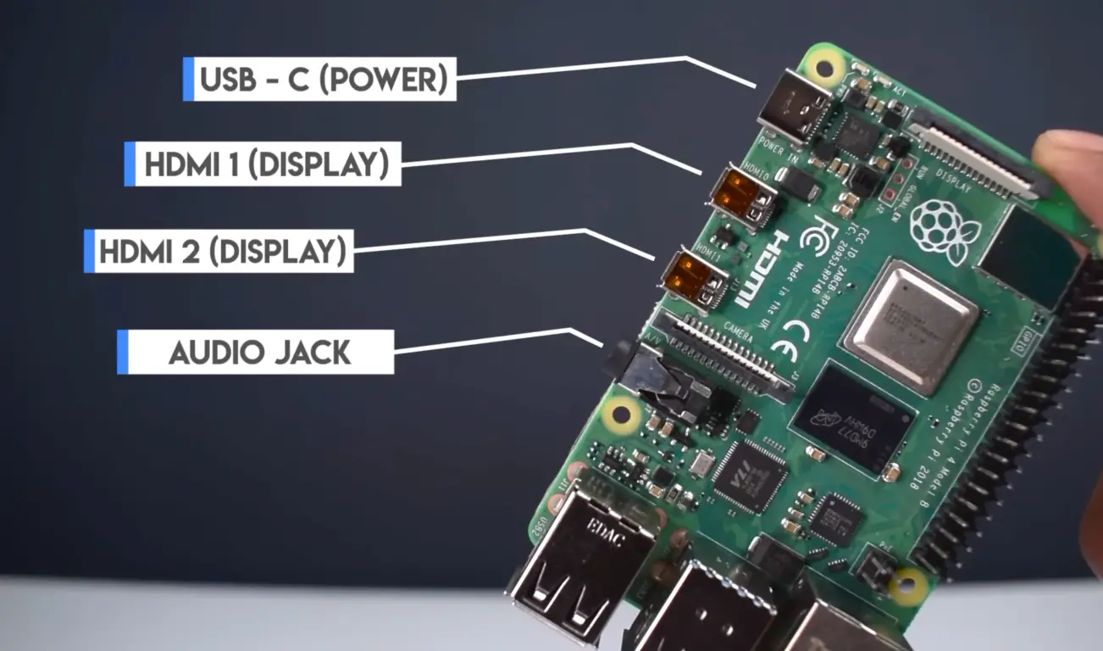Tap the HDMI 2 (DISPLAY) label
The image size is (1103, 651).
click(x=223, y=251)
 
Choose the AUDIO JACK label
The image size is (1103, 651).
click(x=259, y=352)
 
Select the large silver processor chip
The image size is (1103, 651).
click(x=910, y=326)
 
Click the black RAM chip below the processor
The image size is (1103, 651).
click(x=853, y=419)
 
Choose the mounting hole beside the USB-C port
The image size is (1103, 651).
click(x=824, y=64)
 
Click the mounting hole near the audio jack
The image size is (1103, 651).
click(x=622, y=415)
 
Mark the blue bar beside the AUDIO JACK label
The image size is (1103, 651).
click(x=122, y=352)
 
